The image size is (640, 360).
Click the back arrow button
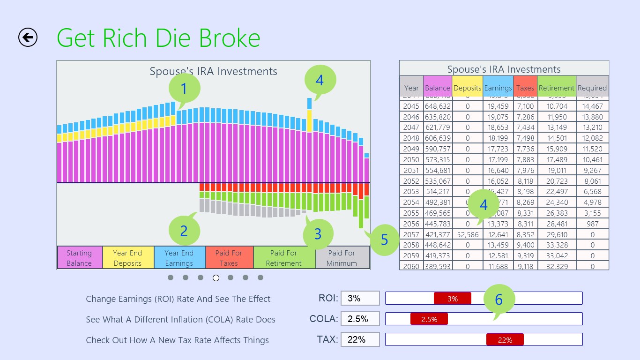click(28, 37)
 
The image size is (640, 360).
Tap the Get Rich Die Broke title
click(158, 37)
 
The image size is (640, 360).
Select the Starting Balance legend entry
click(79, 258)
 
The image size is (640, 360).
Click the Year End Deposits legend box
click(127, 258)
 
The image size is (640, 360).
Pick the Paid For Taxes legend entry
click(229, 258)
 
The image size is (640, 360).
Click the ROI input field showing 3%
click(360, 298)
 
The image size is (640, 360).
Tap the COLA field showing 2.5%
click(360, 319)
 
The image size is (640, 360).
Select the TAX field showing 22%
click(360, 339)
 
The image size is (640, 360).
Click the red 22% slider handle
click(505, 340)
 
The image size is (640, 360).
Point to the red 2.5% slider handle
click(429, 319)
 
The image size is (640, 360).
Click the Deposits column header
click(467, 88)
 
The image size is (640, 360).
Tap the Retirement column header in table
click(556, 88)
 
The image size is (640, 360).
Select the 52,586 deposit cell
click(467, 234)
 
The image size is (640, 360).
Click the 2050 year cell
click(411, 159)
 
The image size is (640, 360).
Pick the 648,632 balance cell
click(437, 106)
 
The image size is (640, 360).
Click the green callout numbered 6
click(499, 300)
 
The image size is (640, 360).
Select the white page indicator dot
click(216, 278)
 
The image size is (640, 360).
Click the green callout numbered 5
click(384, 240)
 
